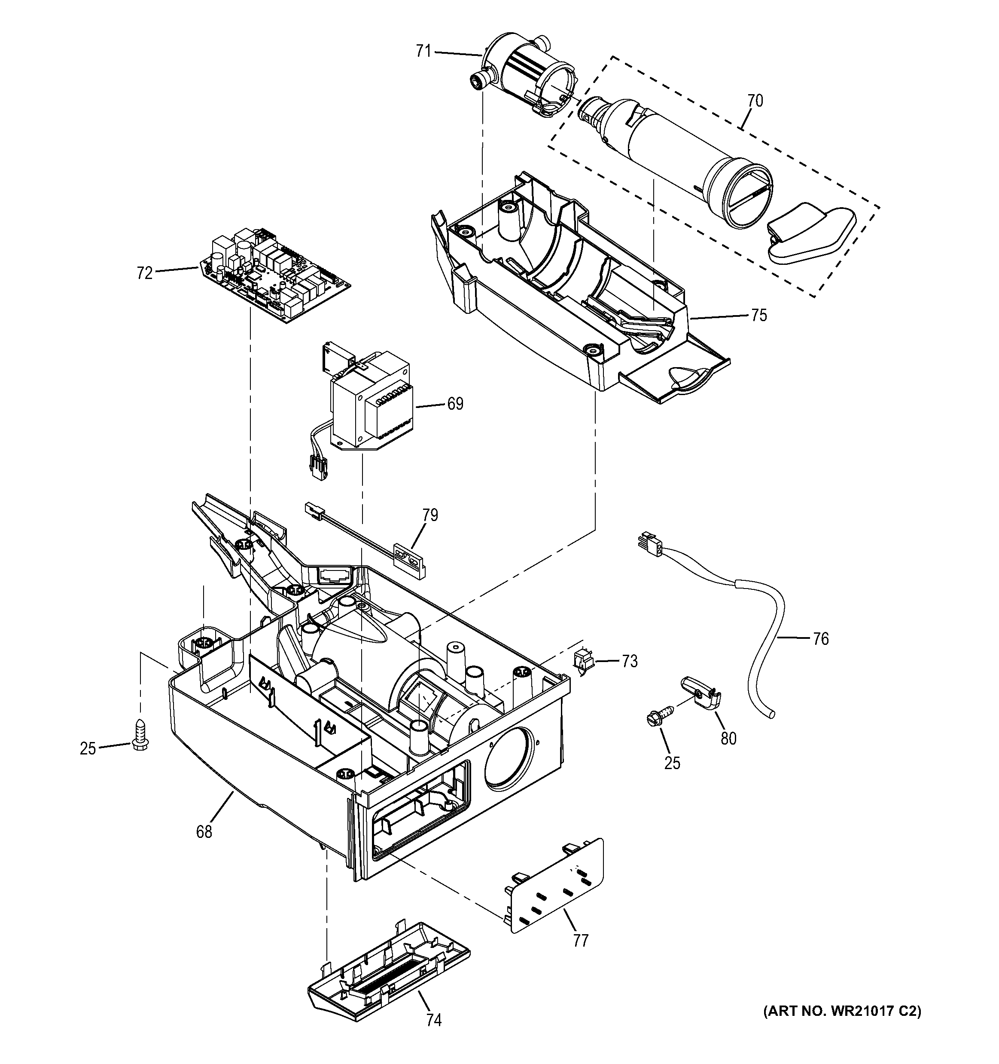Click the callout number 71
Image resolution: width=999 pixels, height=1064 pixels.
423,52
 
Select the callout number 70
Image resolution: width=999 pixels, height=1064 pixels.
755,101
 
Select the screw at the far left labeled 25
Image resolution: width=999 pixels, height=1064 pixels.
140,734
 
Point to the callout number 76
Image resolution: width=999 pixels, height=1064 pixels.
820,638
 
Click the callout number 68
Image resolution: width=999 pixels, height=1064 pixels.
204,832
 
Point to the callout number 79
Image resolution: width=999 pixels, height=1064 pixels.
429,515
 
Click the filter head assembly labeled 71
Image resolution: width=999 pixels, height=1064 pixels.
524,77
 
